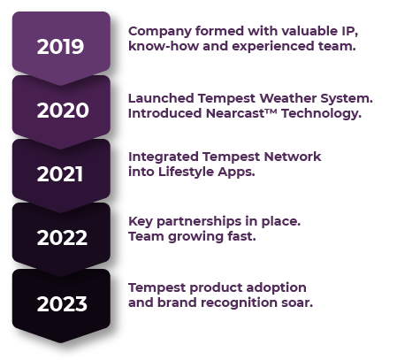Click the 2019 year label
click(61, 47)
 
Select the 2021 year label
click(62, 174)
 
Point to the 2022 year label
click(62, 238)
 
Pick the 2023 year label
click(62, 304)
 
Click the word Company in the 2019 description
click(158, 31)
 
